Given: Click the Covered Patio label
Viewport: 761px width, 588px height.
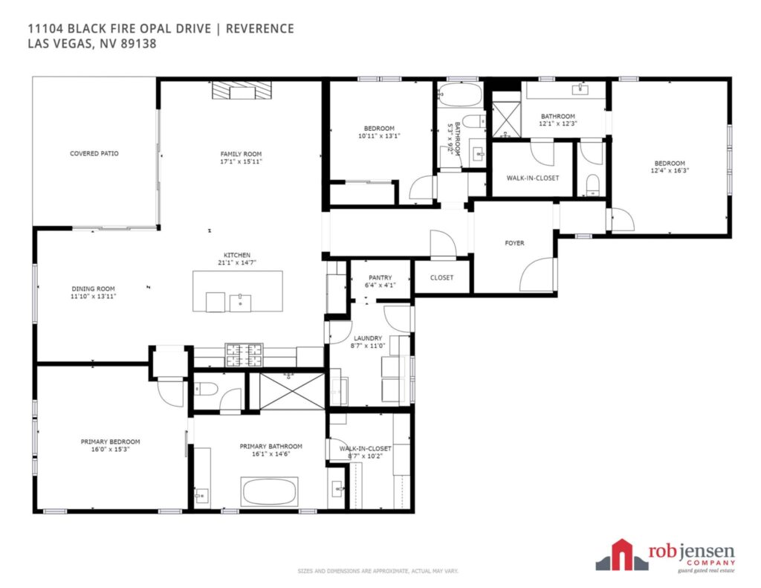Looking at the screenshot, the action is (x=94, y=153).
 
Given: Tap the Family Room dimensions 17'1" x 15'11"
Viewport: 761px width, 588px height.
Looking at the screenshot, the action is (x=241, y=162).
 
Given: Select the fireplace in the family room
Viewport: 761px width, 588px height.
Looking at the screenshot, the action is (x=242, y=90).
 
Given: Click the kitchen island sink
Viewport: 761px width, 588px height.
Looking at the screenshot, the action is (x=240, y=303).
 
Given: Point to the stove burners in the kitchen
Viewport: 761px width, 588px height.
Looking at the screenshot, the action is (x=244, y=355).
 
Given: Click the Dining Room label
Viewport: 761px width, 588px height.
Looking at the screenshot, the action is (x=93, y=288).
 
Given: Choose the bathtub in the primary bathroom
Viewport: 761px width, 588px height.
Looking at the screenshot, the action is (x=269, y=492).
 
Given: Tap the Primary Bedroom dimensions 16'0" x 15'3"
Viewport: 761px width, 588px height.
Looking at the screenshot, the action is (x=110, y=449).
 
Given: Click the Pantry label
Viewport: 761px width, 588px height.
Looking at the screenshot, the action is (x=380, y=278).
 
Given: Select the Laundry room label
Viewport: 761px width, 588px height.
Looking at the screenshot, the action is (x=368, y=338).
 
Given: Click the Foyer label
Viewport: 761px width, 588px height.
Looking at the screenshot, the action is (x=514, y=243).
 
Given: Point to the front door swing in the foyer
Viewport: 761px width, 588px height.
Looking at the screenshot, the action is (x=537, y=275).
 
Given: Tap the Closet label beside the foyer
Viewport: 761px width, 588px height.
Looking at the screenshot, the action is (x=441, y=278).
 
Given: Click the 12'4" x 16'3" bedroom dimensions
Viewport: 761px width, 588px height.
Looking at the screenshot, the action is (x=670, y=170).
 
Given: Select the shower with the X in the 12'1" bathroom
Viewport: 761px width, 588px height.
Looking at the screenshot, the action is (x=506, y=120).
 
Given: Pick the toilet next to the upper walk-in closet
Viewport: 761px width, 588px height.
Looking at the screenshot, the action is (x=593, y=185).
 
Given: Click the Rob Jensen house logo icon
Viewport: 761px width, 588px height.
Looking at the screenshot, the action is (x=622, y=555).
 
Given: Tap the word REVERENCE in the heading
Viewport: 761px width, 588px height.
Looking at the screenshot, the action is (x=259, y=29).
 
